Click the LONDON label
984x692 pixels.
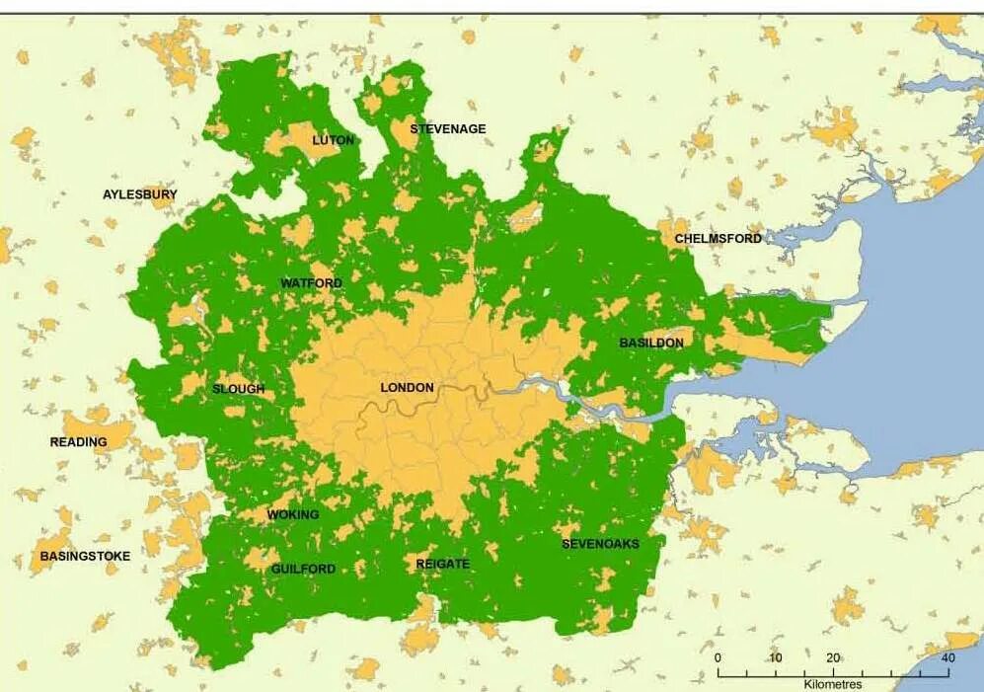407,388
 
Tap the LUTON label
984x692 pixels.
333,140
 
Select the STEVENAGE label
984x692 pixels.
448,129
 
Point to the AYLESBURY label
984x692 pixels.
140,194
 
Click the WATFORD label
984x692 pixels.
311,283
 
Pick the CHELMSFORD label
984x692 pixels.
719,239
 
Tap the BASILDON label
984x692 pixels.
650,343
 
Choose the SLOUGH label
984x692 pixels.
239,389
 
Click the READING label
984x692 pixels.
79,442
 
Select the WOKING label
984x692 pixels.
293,514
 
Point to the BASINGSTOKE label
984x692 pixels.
85,557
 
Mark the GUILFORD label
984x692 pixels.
303,569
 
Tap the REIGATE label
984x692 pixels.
443,564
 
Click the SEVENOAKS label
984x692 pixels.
600,544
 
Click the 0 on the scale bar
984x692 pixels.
718,658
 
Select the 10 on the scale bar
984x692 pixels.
776,658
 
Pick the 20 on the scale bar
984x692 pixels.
833,658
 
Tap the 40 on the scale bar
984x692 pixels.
947,658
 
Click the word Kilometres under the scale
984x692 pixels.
832,684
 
